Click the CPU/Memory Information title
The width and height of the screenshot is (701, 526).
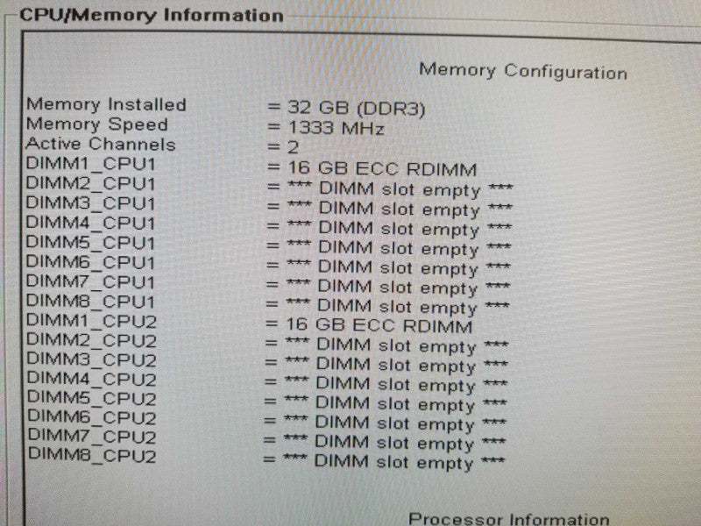click(x=152, y=15)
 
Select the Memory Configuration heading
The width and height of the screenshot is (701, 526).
click(x=523, y=72)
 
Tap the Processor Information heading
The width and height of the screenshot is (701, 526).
click(x=509, y=519)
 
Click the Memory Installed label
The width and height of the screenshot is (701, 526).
click(x=106, y=104)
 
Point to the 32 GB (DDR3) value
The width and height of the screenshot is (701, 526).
click(x=357, y=108)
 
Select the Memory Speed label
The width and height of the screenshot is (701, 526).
click(x=97, y=124)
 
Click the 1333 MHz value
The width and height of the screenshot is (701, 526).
click(x=336, y=128)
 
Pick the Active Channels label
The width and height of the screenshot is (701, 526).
click(x=101, y=144)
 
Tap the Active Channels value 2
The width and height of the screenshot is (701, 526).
click(x=293, y=147)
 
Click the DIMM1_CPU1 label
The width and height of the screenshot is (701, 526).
click(x=90, y=164)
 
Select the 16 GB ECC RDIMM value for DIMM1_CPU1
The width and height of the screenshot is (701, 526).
click(x=382, y=169)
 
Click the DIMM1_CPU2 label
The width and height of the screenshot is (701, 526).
click(x=92, y=321)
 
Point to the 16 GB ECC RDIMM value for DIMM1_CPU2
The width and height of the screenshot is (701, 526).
click(x=379, y=325)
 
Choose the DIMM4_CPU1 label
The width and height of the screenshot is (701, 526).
click(x=90, y=223)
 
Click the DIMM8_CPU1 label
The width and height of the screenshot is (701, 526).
click(x=90, y=301)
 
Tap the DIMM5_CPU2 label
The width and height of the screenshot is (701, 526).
click(x=92, y=398)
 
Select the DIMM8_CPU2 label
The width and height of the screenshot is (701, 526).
click(x=92, y=455)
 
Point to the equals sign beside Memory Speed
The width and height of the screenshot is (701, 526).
click(x=273, y=127)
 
